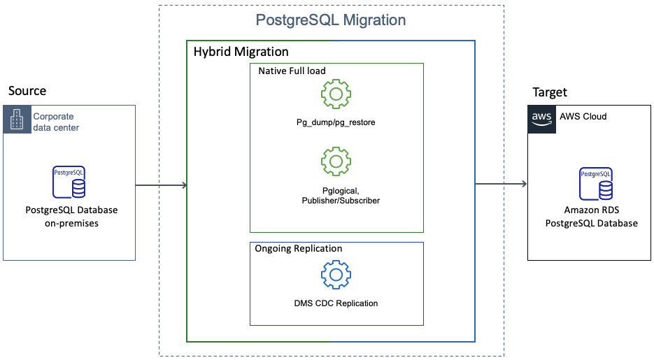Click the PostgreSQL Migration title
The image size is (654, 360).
pos(331,20)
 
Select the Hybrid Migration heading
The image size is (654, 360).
pos(241,52)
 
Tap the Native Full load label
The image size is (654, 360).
pos(292,71)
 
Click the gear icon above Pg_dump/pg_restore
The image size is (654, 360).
pos(336,94)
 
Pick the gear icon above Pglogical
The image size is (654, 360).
pos(336,161)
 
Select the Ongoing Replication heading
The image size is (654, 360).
pos(299,249)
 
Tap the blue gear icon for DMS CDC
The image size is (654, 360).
pos(336,275)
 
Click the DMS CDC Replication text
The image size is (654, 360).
pos(336,303)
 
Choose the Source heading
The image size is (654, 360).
pos(27,91)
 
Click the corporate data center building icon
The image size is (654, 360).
pos(16,119)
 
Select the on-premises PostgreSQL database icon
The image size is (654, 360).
pos(69,182)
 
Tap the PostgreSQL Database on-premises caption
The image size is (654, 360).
pos(71,216)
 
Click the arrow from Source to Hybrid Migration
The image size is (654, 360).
pos(161,185)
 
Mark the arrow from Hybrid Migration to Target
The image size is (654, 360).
pos(501,185)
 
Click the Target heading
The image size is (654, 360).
pos(550,92)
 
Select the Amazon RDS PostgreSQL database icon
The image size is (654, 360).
pos(595,182)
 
